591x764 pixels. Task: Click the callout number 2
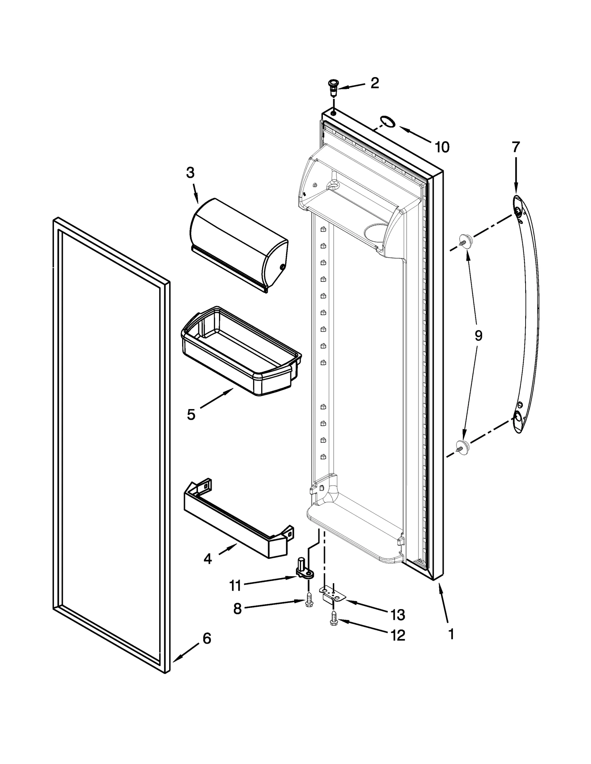(374, 83)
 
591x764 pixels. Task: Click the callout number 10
(442, 147)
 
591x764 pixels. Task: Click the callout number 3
(190, 173)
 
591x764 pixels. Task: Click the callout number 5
(191, 414)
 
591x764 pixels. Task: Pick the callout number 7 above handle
(516, 147)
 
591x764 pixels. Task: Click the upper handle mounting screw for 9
(465, 241)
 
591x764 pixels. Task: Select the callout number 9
(478, 336)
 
